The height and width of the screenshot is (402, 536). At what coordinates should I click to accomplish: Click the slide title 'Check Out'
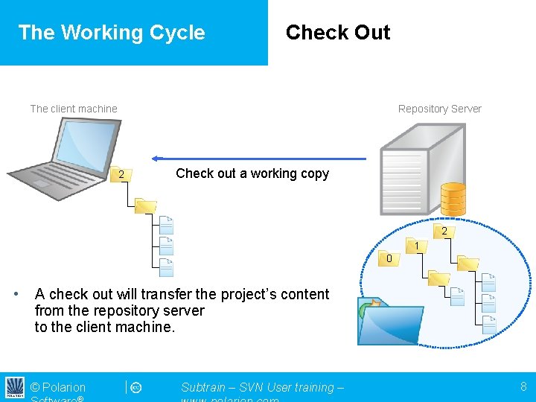[338, 33]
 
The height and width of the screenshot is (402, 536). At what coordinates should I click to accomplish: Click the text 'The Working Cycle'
[112, 33]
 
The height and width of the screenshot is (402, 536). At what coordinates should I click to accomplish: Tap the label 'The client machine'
[74, 109]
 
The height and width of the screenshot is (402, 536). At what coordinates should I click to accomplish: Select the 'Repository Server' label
[439, 109]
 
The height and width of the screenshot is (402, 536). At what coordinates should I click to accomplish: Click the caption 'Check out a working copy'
[252, 173]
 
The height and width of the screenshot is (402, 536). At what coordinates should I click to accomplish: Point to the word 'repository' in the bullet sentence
[132, 310]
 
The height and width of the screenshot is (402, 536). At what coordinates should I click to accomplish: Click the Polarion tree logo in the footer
[15, 387]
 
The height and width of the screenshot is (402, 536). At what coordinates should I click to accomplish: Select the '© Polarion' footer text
[58, 387]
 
